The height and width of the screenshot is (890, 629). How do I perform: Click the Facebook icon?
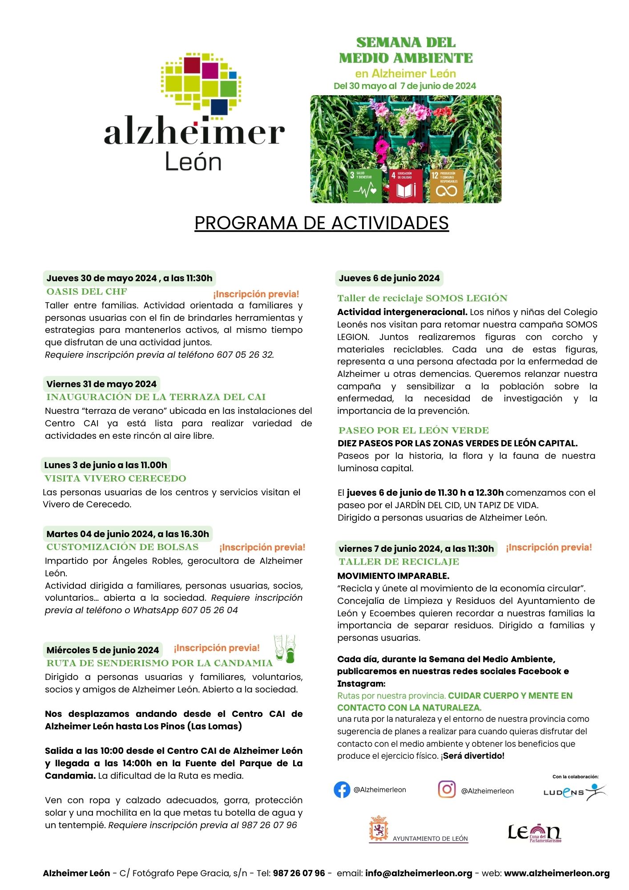342,790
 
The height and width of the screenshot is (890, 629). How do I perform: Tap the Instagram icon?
447,789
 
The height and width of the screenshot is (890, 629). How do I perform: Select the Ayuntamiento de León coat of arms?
379,829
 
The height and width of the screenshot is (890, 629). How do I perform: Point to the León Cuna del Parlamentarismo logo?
534,833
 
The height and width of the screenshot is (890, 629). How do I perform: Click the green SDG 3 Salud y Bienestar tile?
366,185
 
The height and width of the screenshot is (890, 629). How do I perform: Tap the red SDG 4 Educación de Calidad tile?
406,185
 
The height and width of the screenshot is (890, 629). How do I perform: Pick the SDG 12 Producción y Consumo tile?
446,185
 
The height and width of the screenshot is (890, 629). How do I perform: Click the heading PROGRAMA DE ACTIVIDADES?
322,223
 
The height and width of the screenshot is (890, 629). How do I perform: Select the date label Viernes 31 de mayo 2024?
101,384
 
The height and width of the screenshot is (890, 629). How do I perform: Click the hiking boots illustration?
285,649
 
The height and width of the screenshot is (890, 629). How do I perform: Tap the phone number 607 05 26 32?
245,355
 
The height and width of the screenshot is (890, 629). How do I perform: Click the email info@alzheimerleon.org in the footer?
419,873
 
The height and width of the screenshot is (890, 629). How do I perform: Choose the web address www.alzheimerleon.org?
556,873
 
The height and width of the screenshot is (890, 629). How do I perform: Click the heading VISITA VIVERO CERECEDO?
115,478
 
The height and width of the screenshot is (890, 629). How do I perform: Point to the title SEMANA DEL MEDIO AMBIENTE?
406,50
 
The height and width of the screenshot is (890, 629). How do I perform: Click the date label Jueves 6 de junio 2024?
389,279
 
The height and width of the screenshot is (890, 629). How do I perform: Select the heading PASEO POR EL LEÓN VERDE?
413,430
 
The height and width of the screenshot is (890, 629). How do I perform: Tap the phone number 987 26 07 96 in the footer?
299,873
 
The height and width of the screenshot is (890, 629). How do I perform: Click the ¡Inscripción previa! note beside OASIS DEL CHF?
256,294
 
